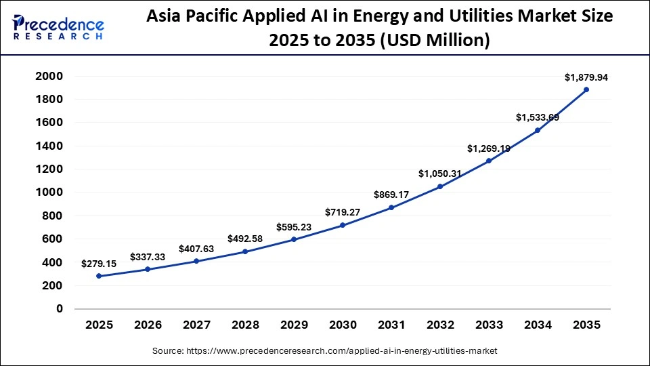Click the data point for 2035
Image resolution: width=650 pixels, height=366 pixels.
586,89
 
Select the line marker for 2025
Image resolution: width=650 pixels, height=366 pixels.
99,276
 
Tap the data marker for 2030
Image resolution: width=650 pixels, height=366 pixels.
343,225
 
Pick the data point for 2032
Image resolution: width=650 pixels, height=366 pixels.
440,186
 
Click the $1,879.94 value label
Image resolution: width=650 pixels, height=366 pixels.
586,78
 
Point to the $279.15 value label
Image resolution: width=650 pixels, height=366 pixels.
99,264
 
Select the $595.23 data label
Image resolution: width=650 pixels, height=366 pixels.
294,227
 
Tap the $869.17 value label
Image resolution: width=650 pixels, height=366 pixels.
391,195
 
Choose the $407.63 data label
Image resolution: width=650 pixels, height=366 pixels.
196,249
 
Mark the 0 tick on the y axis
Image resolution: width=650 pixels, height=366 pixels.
60,308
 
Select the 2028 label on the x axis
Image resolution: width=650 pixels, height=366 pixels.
245,325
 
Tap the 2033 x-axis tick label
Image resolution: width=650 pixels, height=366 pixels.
489,325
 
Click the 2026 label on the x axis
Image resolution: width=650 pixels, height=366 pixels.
148,325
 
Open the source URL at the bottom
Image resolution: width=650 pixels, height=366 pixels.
324,351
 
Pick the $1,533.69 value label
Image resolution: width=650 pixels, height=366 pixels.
537,117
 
